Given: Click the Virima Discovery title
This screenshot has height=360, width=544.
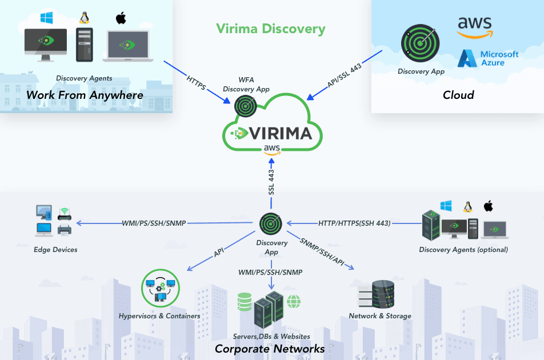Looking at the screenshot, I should coord(271,29).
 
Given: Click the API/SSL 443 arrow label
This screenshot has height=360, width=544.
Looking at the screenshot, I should coord(345,75).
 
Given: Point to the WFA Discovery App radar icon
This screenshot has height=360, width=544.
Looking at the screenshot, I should coord(246,105).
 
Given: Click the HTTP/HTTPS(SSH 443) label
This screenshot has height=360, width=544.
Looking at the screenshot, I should coord(354,223).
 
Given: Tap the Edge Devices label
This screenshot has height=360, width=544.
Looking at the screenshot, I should coord(55,250).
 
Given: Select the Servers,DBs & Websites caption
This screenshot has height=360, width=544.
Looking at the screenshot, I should coord(271,337).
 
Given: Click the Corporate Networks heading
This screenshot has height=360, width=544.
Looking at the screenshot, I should coord(270,349).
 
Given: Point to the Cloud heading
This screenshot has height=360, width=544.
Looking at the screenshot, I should coord(458,95).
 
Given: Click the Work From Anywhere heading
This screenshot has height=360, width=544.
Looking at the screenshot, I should coord(85,95).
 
